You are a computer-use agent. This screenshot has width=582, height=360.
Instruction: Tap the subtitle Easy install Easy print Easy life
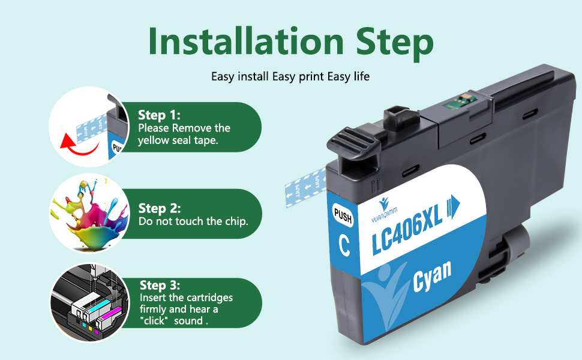point(290,77)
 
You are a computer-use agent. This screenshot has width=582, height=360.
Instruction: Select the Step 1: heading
point(159,115)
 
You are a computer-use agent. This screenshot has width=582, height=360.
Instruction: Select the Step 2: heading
point(159,209)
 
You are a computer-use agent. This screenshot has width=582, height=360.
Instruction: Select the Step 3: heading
point(160,286)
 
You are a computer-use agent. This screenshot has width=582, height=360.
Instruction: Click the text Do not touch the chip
point(193,221)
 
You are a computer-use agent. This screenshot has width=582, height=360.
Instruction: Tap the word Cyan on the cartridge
point(431,277)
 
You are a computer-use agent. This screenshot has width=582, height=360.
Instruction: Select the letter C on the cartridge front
point(344,245)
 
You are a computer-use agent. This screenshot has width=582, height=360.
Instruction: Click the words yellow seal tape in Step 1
point(178,140)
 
